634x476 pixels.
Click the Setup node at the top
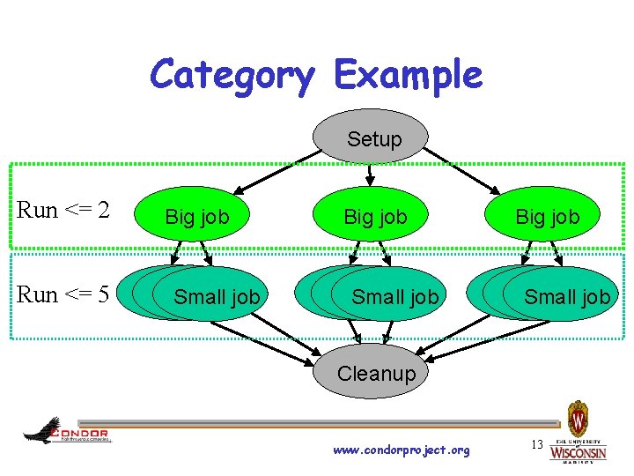pos(374,138)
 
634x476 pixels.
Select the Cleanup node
pos(376,373)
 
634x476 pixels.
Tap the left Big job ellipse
pos(197,217)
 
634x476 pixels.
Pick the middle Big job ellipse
pos(375,217)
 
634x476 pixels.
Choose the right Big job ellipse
pos(547,217)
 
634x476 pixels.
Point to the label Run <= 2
pos(63,210)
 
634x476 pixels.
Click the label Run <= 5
pos(63,294)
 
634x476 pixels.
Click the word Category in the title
pos(232,75)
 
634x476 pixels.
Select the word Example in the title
pos(408,75)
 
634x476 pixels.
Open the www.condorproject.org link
pos(402,450)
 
